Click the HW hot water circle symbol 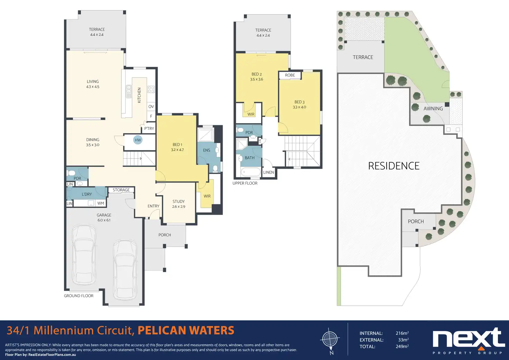click(x=138, y=140)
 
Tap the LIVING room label click(x=93, y=81)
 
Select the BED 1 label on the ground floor click(x=177, y=145)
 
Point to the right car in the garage click(x=125, y=270)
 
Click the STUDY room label click(x=179, y=201)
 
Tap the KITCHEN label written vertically click(x=139, y=95)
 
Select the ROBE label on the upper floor click(x=290, y=75)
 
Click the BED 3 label click(x=299, y=102)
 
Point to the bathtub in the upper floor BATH click(x=251, y=172)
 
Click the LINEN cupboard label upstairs click(x=268, y=172)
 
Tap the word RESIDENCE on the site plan click(x=394, y=166)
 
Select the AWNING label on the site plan click(x=433, y=109)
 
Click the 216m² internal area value click(x=402, y=333)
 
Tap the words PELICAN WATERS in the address click(x=186, y=331)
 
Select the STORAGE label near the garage click(x=121, y=190)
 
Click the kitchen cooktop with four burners click(x=151, y=89)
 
